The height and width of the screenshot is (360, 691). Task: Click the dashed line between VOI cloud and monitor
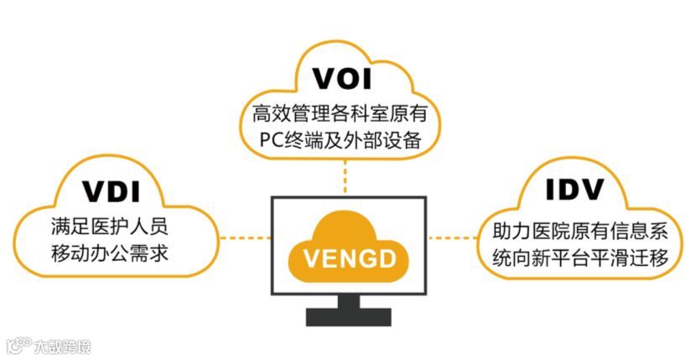point(345,176)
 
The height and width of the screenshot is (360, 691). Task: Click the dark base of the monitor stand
point(348,316)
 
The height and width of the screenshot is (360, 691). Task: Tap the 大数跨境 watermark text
point(62,345)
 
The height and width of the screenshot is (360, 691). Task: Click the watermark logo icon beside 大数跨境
point(16,345)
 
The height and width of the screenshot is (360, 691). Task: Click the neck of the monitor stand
point(348,300)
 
